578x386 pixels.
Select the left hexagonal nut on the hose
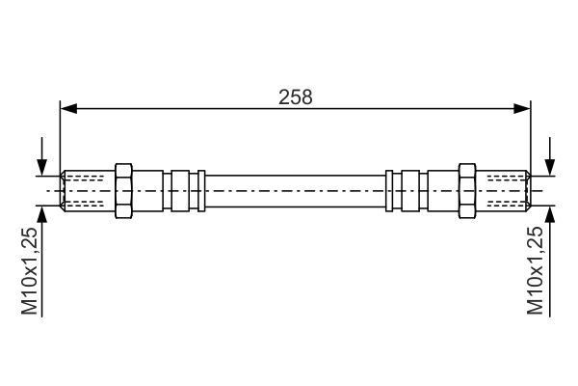(x=123, y=190)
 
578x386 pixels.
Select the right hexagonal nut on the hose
(x=467, y=190)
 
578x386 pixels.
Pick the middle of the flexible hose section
(x=295, y=190)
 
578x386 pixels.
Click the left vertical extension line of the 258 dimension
(x=61, y=135)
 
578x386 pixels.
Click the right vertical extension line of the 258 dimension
(x=531, y=135)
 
